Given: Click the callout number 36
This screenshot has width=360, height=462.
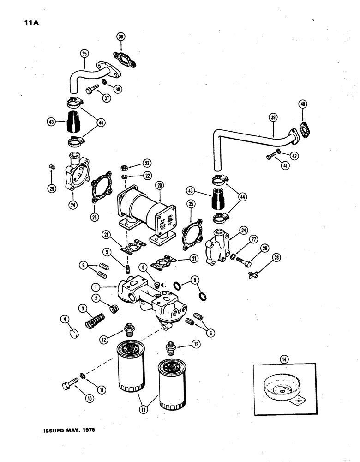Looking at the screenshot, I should click(120, 37).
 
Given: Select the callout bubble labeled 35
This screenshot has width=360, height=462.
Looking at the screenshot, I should click(84, 54).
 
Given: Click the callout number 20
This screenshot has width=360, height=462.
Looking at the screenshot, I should click(160, 185).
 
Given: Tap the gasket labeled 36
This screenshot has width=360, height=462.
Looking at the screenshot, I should click(121, 60).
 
